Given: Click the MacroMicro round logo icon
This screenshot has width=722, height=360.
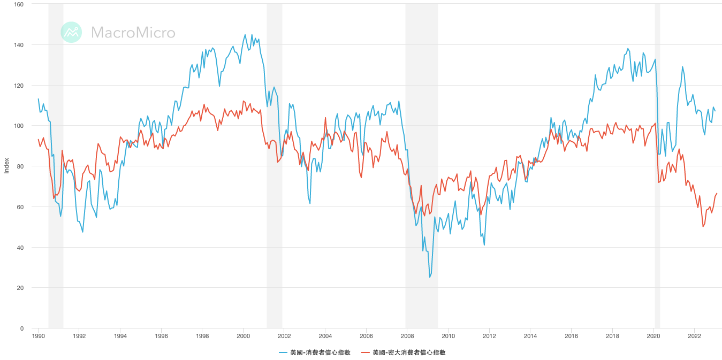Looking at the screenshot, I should [71, 32].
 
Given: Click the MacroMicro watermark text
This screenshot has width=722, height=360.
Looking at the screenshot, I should [133, 33].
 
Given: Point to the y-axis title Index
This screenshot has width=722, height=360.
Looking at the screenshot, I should [6, 166].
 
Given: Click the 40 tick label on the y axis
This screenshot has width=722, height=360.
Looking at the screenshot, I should [20, 247].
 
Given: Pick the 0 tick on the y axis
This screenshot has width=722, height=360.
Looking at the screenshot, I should [21, 328].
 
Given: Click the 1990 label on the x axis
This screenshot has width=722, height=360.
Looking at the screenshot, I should [38, 336].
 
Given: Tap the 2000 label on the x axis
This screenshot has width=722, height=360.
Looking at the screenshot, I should [243, 336].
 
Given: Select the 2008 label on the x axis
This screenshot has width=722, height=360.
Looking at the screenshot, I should [407, 336].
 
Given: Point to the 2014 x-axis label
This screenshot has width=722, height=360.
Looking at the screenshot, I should [530, 336].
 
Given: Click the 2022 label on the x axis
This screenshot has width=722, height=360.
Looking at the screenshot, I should [694, 336].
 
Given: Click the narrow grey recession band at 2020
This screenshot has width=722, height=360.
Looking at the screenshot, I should [657, 160].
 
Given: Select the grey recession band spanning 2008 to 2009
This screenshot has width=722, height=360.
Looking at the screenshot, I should [421, 160].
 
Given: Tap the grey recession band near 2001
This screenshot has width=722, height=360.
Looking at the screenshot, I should [274, 160].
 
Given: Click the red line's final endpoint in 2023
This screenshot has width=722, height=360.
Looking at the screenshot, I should [717, 193].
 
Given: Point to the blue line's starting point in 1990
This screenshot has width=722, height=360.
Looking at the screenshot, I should [39, 99].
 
